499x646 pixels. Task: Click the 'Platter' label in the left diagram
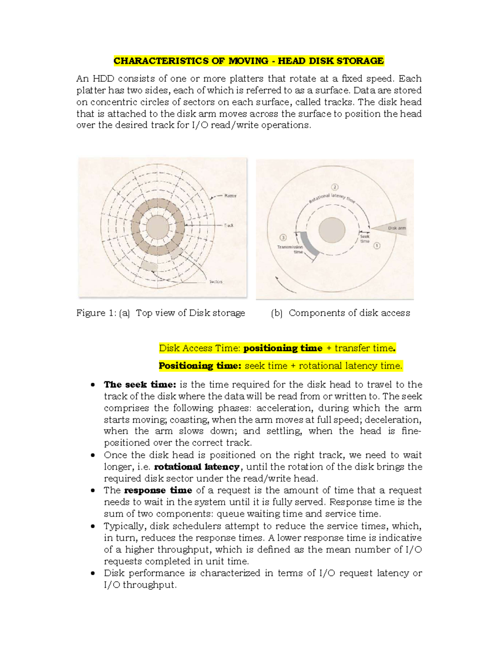coord(230,196)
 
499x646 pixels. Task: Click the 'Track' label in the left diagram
coord(229,225)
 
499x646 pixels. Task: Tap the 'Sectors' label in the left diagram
coord(216,282)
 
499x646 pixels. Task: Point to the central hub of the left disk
coord(158,228)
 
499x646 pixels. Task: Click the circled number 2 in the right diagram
coord(335,187)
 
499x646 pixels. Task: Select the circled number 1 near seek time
coord(377,246)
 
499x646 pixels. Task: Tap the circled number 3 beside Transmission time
coord(283,238)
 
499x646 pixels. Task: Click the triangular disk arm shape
coord(391,228)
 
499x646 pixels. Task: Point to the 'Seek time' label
coord(365,239)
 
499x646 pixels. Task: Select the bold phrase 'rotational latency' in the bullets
coord(197,467)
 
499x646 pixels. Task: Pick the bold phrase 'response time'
coord(158,490)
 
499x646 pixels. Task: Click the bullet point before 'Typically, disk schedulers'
coord(93,526)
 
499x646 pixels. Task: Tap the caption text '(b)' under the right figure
coord(277,313)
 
